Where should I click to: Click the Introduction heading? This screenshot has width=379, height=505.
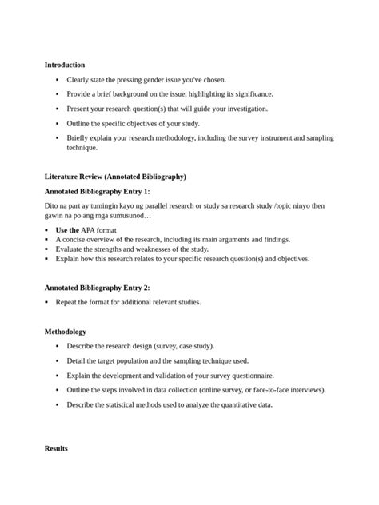[65, 65]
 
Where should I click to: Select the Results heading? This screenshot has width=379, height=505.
[56, 449]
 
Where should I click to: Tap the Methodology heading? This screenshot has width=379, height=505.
[66, 332]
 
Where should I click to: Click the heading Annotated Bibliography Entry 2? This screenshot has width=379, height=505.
[97, 288]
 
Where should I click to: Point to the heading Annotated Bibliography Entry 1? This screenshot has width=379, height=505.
[97, 192]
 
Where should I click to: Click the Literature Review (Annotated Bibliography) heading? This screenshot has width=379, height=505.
[115, 176]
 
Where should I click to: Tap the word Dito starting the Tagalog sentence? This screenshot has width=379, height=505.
[52, 206]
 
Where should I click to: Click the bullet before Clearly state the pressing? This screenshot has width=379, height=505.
[58, 80]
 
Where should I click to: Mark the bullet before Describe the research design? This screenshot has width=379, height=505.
[58, 346]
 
